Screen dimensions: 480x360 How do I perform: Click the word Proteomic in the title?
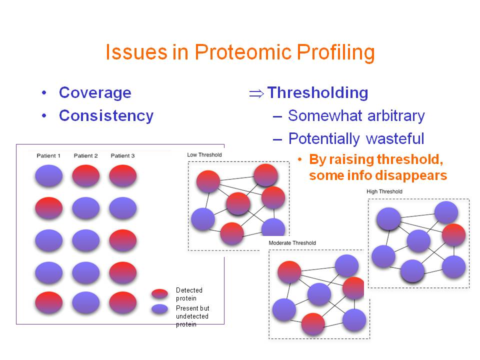tap(243, 51)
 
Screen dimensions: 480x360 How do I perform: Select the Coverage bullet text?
tap(95, 93)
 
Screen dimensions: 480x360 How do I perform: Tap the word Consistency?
tap(106, 116)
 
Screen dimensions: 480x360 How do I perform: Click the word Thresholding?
tap(318, 93)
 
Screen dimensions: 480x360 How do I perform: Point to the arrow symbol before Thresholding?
tap(256, 93)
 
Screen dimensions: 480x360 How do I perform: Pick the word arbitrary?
tap(396, 116)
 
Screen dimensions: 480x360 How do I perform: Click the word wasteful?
tap(395, 138)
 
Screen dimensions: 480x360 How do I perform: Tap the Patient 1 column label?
tap(48, 155)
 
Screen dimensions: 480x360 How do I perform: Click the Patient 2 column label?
tap(85, 155)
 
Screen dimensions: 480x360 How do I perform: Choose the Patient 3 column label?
tap(123, 155)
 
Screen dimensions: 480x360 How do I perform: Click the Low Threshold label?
tap(204, 155)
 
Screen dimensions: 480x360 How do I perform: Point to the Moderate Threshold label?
tap(292, 243)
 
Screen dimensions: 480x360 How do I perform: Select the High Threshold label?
tap(384, 191)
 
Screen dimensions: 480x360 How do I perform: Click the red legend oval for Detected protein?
tap(159, 293)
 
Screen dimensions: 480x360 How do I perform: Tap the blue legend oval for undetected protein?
tap(159, 309)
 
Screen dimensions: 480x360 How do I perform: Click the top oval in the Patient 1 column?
tap(48, 175)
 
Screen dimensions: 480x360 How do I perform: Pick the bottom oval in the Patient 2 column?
tap(85, 303)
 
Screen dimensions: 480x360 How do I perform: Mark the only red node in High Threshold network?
tap(453, 235)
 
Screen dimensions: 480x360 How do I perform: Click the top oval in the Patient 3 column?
tap(123, 175)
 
